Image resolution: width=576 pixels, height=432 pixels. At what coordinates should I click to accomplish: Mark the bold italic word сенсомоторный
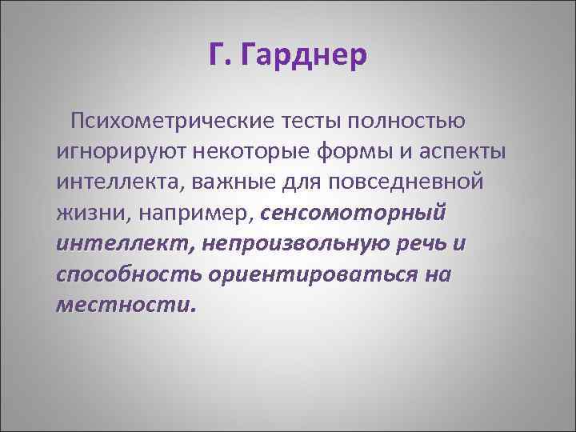354,214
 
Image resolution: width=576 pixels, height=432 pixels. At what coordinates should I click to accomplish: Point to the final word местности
125,305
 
